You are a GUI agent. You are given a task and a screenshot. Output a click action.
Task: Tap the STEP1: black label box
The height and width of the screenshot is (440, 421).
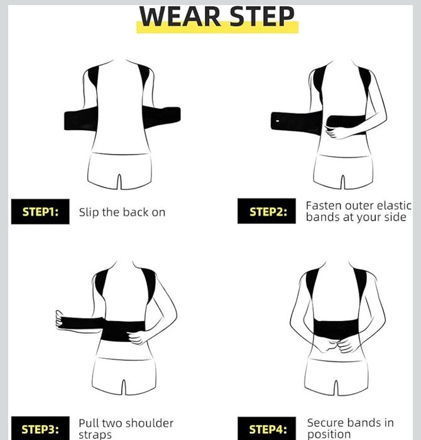[x=40, y=212]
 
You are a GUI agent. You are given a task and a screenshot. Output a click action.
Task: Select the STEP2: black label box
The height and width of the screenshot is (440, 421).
[x=266, y=211]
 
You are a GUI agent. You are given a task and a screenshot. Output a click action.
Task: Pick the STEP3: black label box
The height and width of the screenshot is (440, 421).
[x=40, y=429]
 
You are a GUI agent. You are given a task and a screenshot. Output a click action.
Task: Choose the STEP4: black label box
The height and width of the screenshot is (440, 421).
[x=266, y=429]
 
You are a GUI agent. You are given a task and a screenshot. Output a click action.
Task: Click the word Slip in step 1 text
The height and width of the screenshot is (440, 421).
[x=89, y=212]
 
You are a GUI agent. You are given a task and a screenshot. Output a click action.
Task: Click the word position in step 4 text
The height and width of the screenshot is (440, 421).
[x=329, y=434]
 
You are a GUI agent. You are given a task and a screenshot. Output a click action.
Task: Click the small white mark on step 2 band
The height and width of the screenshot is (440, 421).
[x=277, y=121]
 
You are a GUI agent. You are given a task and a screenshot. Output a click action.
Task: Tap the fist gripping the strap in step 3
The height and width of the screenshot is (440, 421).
[x=59, y=320]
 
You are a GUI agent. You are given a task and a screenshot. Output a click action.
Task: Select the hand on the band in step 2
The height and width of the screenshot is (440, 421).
[x=335, y=132]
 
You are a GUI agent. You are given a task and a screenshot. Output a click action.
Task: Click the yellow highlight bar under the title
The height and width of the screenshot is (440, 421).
[x=217, y=28]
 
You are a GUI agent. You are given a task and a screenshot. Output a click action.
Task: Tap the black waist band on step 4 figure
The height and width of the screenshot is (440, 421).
[x=336, y=329]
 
